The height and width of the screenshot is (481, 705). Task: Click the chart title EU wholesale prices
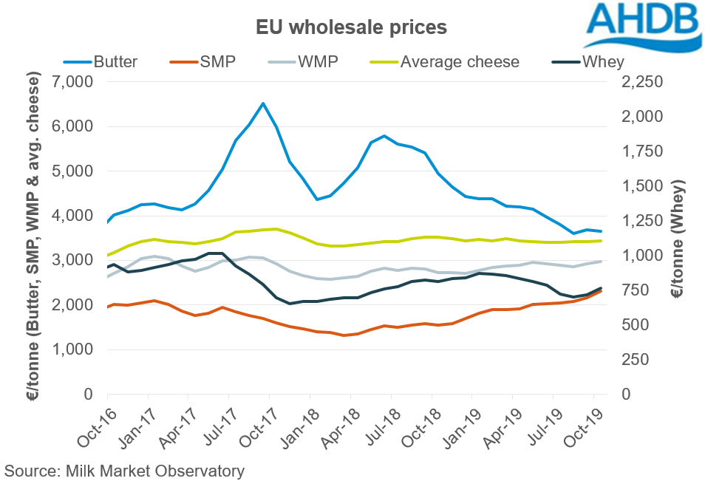click(x=352, y=28)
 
